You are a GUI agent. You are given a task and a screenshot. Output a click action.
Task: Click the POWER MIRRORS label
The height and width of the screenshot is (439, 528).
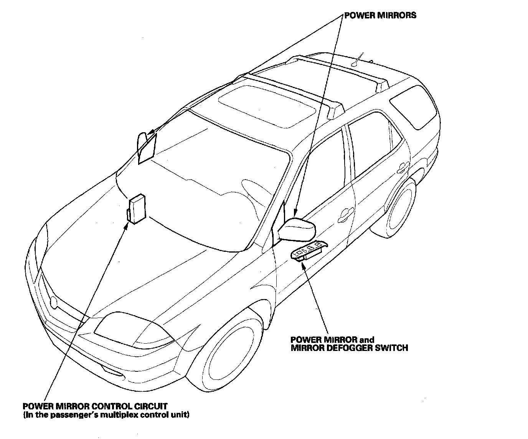[380, 16]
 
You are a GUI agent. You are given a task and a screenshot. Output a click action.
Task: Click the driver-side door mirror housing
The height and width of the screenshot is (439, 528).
[298, 229]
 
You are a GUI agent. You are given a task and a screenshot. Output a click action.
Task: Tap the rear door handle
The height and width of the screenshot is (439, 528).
[403, 166]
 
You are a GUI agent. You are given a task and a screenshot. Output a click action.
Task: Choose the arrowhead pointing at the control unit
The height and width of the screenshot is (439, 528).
[126, 226]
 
